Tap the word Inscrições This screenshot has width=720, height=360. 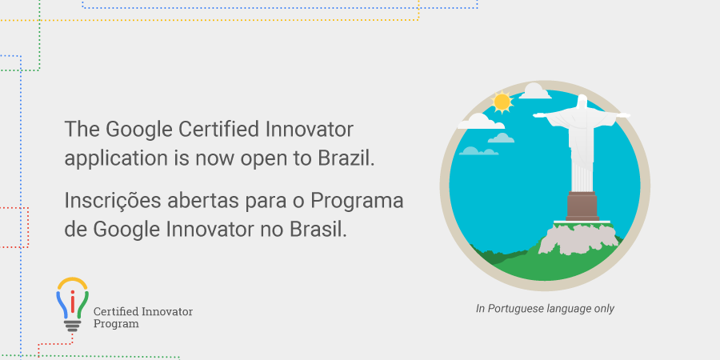[x=113, y=201]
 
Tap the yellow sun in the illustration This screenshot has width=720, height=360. [x=502, y=102]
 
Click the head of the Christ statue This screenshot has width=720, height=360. [x=582, y=102]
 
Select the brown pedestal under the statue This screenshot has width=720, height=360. [x=582, y=206]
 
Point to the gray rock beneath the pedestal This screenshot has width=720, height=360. [x=578, y=238]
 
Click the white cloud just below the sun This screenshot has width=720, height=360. [x=480, y=122]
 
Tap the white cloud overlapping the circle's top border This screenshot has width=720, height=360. [x=534, y=91]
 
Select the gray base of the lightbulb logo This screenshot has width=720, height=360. [x=72, y=326]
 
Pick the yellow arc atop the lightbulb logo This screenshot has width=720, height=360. [x=72, y=282]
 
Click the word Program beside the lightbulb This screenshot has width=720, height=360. [x=116, y=324]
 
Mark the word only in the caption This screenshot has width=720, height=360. [x=604, y=309]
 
